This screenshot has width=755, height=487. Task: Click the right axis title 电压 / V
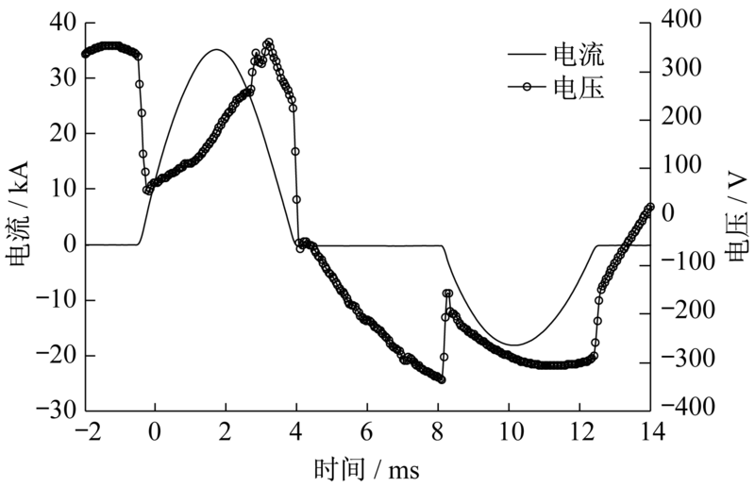click(x=737, y=214)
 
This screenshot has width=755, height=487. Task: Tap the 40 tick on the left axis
click(x=62, y=23)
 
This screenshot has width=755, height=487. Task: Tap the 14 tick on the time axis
click(x=650, y=431)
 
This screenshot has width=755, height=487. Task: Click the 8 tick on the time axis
click(x=438, y=431)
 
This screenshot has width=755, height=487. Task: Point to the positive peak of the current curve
click(x=216, y=49)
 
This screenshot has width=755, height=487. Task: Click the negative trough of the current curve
click(x=510, y=345)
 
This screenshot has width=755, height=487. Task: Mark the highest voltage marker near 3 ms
click(x=269, y=42)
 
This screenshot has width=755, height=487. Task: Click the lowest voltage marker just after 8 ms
click(x=442, y=379)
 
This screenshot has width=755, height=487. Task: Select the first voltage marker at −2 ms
click(x=85, y=54)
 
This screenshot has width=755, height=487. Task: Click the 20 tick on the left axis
click(x=62, y=133)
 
